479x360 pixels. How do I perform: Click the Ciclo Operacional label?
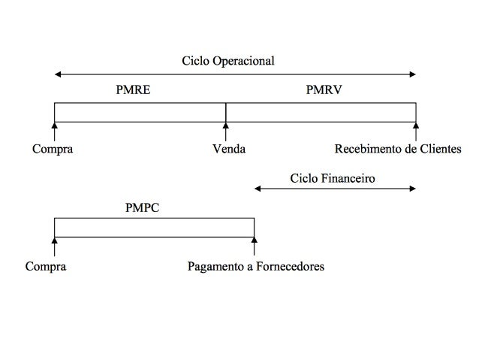click(233, 60)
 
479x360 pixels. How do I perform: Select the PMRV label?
click(324, 89)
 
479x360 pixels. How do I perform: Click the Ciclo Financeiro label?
click(333, 178)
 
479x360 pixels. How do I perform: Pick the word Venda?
click(229, 149)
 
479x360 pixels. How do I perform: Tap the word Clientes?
click(440, 149)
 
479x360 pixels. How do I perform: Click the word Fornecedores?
click(289, 267)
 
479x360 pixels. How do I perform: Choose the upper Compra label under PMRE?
click(53, 149)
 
